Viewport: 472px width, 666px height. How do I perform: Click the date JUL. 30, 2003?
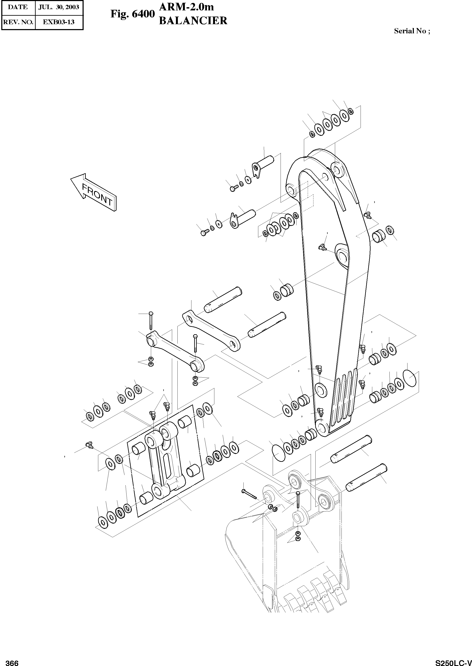click(x=59, y=7)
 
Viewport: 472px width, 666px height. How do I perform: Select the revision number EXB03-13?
click(x=59, y=22)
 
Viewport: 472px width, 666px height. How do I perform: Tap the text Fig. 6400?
click(x=132, y=14)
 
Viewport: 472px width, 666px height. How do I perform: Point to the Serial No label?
click(x=412, y=31)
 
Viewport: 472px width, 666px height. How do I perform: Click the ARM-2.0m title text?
click(x=187, y=7)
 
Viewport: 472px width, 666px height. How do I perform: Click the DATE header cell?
click(x=18, y=7)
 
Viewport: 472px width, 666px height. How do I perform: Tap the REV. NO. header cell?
click(x=18, y=22)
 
